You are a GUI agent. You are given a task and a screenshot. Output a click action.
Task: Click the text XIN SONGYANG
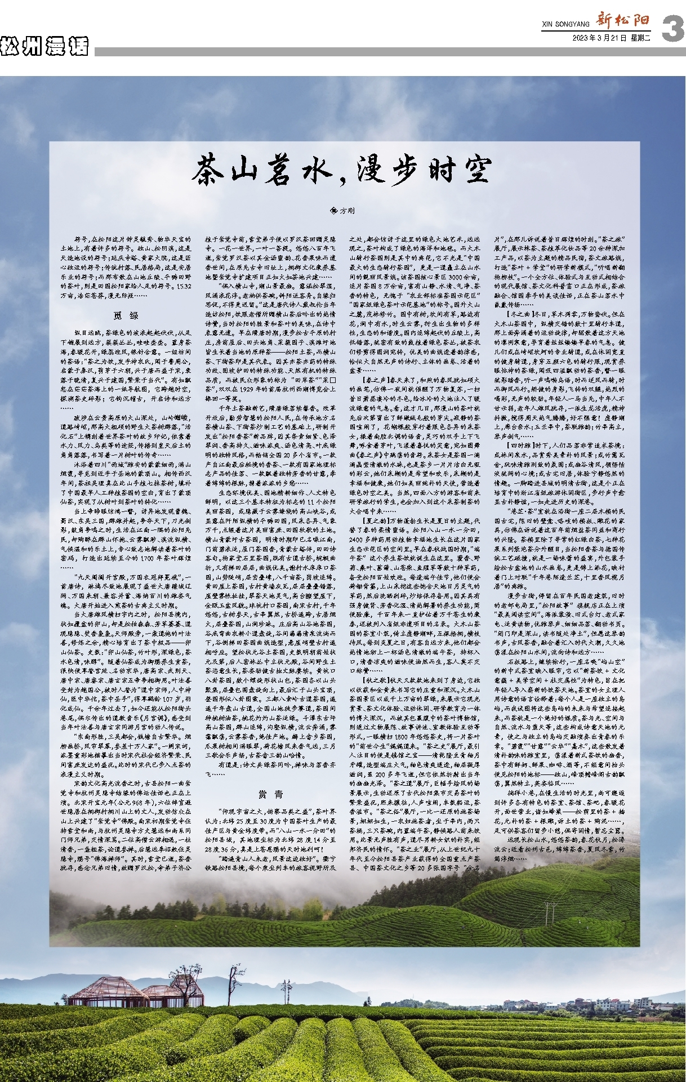[565, 24]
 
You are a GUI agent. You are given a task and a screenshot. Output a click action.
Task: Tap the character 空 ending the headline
[473, 170]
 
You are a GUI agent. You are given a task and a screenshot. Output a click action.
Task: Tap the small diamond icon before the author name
[334, 211]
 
